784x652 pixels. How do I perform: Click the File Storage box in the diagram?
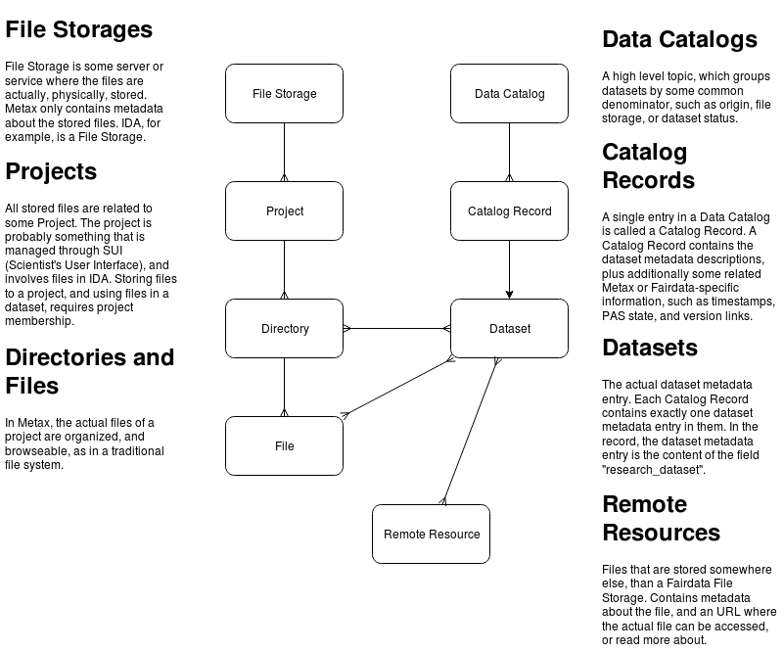click(x=284, y=94)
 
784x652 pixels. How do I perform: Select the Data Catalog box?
click(x=509, y=94)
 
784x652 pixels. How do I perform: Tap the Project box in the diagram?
click(x=284, y=211)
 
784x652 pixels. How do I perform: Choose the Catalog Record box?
click(x=509, y=211)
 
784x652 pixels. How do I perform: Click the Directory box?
click(x=284, y=329)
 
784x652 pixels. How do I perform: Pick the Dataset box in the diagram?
click(x=509, y=329)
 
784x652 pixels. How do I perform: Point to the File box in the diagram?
click(x=284, y=446)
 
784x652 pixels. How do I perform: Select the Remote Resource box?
click(x=431, y=534)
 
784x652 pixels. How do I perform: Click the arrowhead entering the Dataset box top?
click(x=509, y=294)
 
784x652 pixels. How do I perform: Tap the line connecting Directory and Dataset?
click(x=396, y=329)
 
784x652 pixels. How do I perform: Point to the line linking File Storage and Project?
click(x=284, y=152)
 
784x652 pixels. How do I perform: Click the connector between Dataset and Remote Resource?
click(x=470, y=431)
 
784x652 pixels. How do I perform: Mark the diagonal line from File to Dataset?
click(x=396, y=388)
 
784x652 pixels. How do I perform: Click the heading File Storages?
click(x=78, y=29)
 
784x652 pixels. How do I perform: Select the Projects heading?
click(x=51, y=172)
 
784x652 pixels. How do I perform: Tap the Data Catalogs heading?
click(x=679, y=40)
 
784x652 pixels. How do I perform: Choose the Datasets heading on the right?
click(x=650, y=349)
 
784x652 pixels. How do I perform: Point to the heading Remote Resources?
click(x=661, y=519)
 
